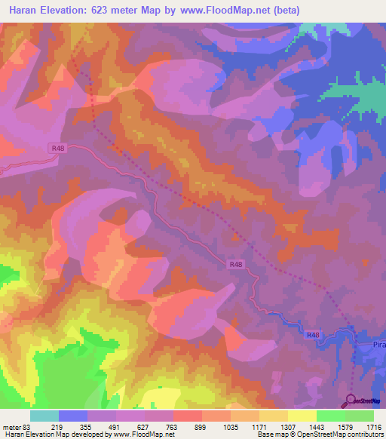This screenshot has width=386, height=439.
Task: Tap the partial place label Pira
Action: (x=378, y=344)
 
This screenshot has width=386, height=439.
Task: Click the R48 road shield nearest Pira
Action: (x=314, y=334)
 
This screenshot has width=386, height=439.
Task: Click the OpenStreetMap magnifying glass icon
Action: (x=351, y=401)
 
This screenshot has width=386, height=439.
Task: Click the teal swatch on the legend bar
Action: (x=44, y=416)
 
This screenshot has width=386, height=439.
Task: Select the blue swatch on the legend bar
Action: (x=73, y=416)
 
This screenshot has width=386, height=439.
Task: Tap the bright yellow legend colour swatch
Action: (x=302, y=416)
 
